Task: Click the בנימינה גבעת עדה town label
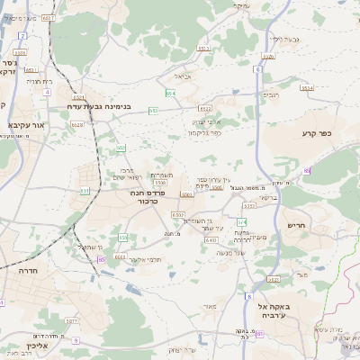(x=101, y=105)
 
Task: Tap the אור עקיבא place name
(x=21, y=125)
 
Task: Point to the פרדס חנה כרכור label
(x=137, y=198)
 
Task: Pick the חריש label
(x=296, y=226)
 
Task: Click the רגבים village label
(x=271, y=94)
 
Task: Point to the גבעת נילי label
(x=270, y=39)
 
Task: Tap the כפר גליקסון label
(x=206, y=133)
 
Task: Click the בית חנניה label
(x=40, y=82)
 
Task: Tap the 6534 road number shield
(x=307, y=88)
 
